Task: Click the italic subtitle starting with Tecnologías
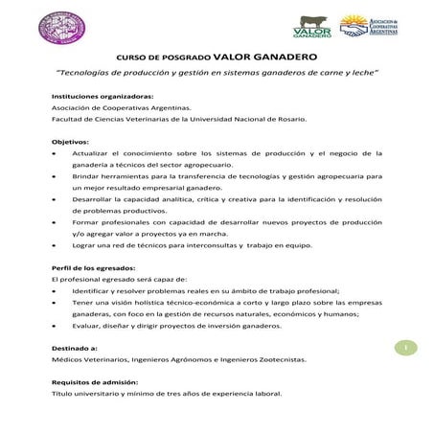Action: click(x=217, y=73)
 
